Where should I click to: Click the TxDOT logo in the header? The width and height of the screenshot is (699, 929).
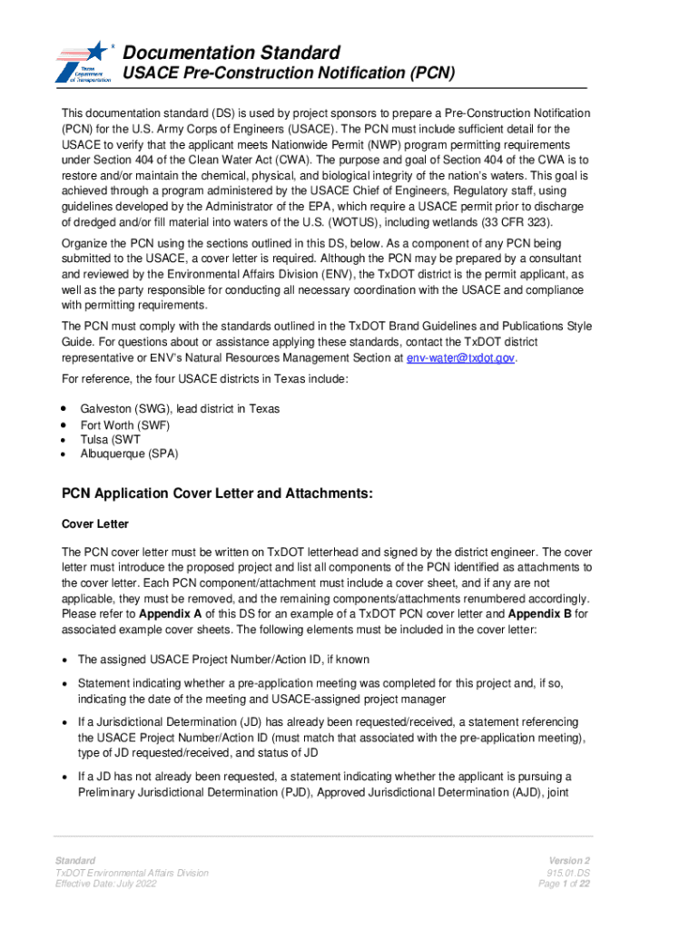tap(84, 63)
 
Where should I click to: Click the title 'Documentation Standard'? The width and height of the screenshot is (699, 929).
tap(231, 52)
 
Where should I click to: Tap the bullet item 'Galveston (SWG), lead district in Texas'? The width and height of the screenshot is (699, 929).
tap(180, 409)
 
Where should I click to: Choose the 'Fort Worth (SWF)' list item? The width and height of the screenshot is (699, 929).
tap(125, 425)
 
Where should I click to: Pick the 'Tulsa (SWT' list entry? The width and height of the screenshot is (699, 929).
tap(110, 439)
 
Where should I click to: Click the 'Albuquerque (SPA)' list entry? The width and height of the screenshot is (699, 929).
tap(129, 454)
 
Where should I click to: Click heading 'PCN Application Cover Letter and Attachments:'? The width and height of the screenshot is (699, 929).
tap(217, 494)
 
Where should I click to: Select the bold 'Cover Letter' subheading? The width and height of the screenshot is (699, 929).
tap(94, 524)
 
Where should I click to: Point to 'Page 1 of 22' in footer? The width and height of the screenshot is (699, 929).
tap(564, 885)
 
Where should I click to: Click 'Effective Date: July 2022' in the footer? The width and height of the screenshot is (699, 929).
tap(113, 885)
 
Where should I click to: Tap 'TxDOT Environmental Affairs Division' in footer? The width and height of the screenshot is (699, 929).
tap(132, 873)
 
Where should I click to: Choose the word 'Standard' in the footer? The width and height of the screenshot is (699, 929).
tap(75, 860)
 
